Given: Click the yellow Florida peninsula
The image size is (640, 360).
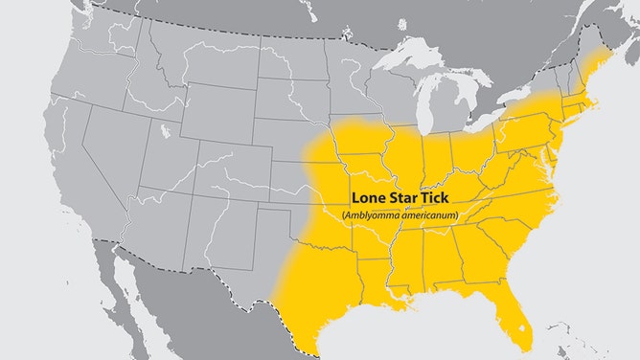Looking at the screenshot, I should (517, 321).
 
